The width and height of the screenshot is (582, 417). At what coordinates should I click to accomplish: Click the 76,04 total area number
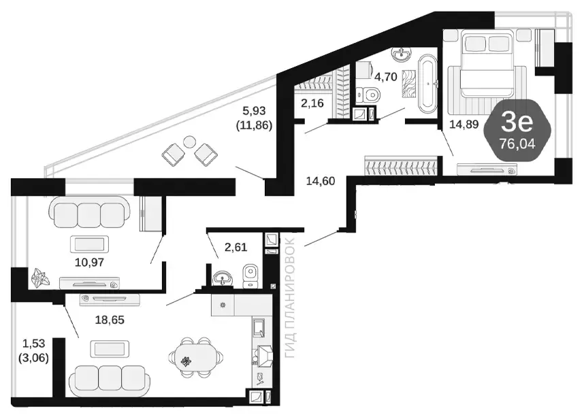(517, 144)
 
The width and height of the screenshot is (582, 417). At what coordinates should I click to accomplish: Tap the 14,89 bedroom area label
(464, 124)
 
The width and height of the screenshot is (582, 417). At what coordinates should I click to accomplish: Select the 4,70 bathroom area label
(386, 77)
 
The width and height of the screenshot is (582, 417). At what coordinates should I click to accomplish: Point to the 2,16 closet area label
(312, 103)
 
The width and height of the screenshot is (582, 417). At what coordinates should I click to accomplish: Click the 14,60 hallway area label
(321, 181)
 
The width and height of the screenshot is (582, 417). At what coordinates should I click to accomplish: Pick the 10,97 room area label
(89, 263)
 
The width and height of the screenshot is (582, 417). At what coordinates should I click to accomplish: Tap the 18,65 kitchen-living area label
(110, 320)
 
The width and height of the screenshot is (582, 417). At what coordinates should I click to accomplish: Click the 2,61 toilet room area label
(236, 247)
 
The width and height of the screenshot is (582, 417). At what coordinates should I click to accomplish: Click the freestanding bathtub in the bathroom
(428, 84)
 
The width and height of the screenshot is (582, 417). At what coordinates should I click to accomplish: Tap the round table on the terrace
(189, 141)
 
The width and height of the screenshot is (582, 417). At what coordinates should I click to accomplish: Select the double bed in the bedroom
(487, 63)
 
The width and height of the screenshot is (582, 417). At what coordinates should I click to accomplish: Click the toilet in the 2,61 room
(250, 276)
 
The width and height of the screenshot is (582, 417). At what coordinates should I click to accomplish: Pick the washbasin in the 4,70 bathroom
(401, 54)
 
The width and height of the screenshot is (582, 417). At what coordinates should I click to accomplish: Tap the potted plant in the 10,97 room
(39, 278)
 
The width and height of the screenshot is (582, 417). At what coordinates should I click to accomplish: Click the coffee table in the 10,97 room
(89, 244)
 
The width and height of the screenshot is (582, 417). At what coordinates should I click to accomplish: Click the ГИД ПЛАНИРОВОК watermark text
(289, 297)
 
